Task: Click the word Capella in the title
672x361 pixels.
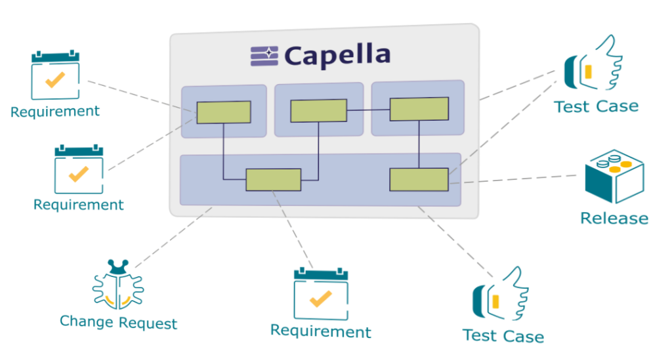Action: tap(338, 55)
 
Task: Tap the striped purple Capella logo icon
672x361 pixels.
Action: tap(264, 56)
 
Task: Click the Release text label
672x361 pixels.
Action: tap(614, 218)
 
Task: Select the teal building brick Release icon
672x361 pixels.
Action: tap(614, 177)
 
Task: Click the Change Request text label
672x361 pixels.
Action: tap(118, 323)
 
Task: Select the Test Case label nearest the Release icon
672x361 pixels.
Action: tap(596, 106)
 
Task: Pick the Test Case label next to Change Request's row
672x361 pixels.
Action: tap(503, 336)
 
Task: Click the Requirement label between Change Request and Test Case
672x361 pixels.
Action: tap(320, 331)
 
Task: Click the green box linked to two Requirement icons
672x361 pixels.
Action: tap(223, 112)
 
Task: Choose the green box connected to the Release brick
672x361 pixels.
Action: tap(419, 179)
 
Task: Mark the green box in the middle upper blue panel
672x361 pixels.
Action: tap(318, 110)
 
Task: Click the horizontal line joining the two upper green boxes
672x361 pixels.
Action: tap(368, 110)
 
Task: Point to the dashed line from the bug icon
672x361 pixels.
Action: tap(174, 236)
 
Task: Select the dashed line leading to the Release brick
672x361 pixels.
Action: tap(518, 179)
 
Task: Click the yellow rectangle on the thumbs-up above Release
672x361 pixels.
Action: tap(588, 71)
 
